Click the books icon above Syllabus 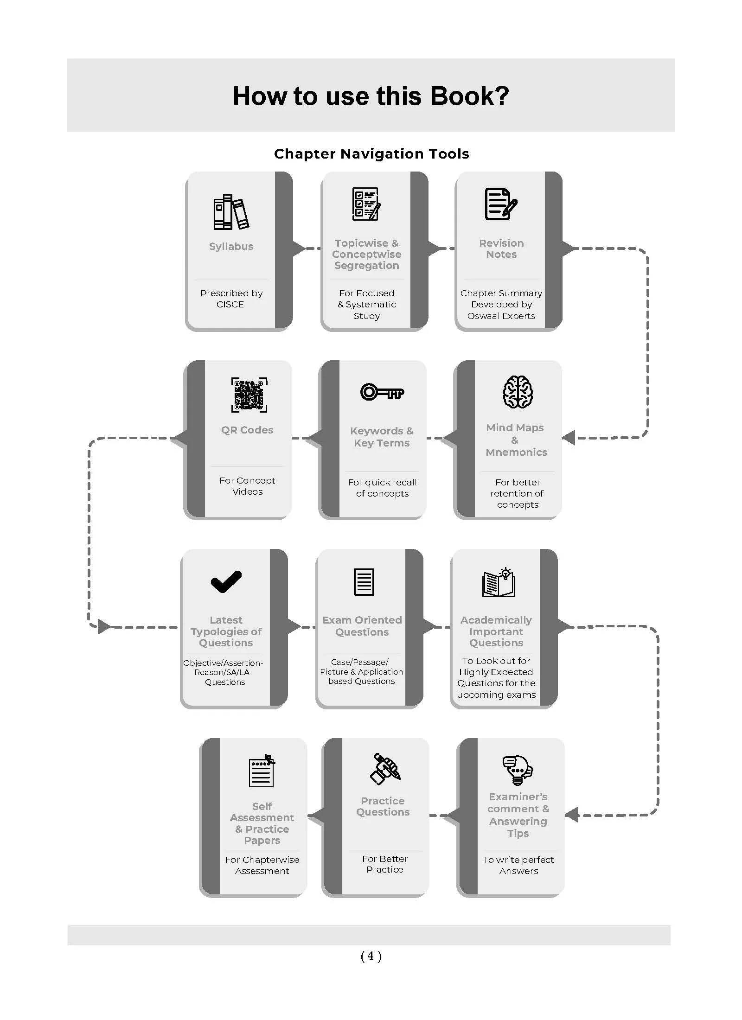click(x=231, y=211)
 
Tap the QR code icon click(x=249, y=395)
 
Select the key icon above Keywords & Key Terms click(x=382, y=392)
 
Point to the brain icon click(x=518, y=392)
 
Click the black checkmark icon click(x=226, y=581)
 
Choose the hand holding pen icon click(x=385, y=769)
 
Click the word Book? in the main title click(x=469, y=96)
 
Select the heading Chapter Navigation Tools click(x=371, y=153)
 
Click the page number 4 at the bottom click(x=371, y=956)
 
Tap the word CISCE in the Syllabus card click(x=230, y=305)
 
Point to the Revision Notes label click(x=501, y=249)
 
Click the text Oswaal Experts click(x=501, y=316)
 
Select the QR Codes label click(x=247, y=430)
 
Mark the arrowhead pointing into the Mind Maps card click(x=569, y=437)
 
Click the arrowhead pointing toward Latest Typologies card click(x=104, y=627)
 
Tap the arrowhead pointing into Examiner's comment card click(x=571, y=815)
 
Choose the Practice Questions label click(x=383, y=806)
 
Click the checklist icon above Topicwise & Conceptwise click(x=366, y=204)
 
